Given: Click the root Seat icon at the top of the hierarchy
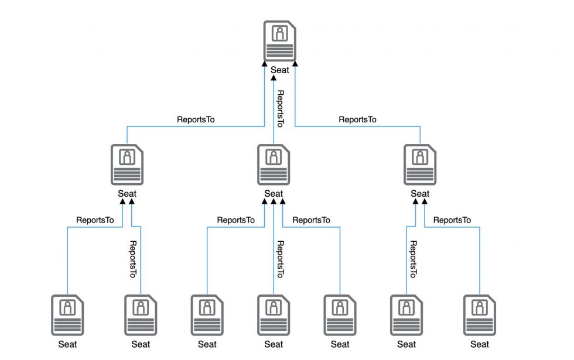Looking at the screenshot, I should (279, 40).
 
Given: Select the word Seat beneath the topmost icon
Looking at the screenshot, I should (279, 70).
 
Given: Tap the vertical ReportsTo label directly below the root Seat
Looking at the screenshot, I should (280, 109).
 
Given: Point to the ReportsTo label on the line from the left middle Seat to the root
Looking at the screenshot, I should (196, 119).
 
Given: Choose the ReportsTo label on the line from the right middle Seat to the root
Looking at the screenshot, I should (357, 119).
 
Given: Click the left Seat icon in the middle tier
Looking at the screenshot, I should (127, 164).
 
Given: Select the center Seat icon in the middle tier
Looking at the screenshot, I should (274, 164).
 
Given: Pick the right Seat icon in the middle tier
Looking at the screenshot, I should (420, 164).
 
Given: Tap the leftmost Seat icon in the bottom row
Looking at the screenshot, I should (67, 315).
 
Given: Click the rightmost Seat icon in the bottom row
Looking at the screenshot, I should (480, 315).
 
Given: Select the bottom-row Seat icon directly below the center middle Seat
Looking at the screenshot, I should (274, 315).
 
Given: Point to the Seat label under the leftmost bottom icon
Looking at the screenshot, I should (67, 344).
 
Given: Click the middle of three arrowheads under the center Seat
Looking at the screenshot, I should (274, 201).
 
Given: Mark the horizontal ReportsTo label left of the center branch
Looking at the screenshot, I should (235, 220).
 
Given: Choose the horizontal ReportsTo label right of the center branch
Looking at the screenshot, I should (311, 220).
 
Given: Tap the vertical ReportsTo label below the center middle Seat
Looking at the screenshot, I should (280, 259).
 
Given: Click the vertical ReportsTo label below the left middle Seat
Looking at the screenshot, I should (133, 259).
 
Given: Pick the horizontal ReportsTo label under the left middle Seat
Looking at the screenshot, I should (95, 220).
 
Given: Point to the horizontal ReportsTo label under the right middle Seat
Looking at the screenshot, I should (452, 220).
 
